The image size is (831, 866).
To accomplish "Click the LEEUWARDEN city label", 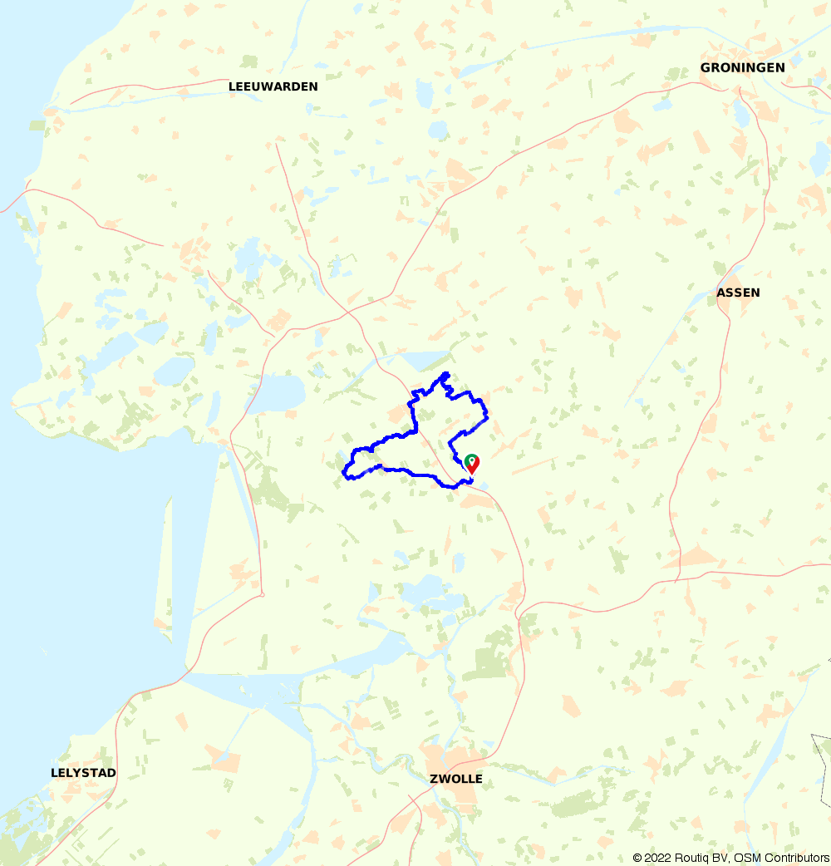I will click(273, 86).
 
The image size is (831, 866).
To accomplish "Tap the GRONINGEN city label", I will click(742, 67).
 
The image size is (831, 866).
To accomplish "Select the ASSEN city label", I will click(738, 293).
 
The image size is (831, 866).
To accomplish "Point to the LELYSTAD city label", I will click(83, 773).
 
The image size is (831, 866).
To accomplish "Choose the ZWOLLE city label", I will click(456, 779).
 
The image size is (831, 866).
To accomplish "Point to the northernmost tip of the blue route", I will click(447, 373).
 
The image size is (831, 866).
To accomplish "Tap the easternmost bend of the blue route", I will click(487, 416).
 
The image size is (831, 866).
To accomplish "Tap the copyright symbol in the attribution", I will click(637, 858).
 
